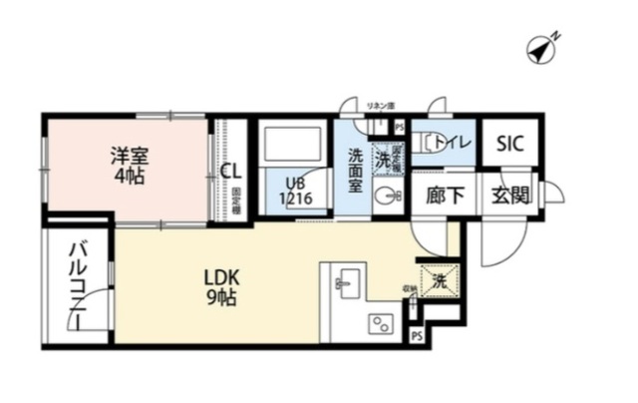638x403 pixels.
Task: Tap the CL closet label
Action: [230, 171]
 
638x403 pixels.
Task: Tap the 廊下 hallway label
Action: [444, 196]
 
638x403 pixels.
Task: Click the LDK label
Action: [222, 276]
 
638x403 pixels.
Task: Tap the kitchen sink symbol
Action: [347, 280]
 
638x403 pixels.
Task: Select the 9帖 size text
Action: [222, 298]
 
